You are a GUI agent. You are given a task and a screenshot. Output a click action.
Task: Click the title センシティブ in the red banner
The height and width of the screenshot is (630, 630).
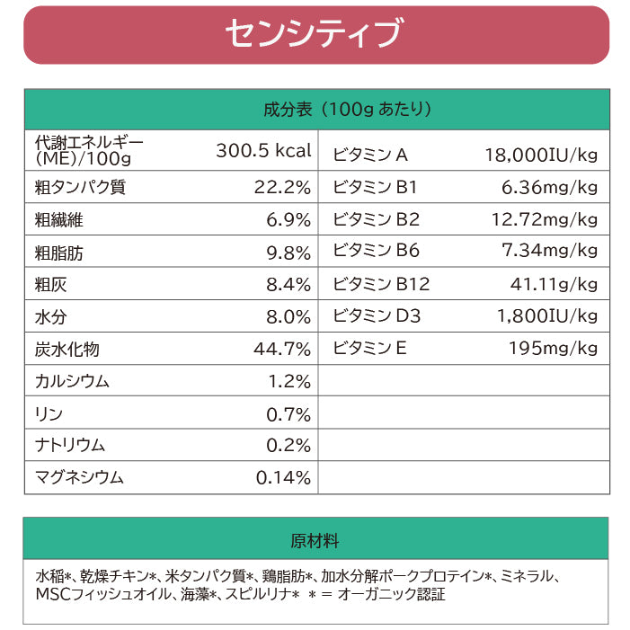[314, 35]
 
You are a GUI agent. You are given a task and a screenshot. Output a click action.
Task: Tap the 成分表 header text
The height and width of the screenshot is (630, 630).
[347, 110]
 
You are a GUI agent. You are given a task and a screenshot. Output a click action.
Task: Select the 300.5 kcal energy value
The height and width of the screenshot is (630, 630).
[263, 150]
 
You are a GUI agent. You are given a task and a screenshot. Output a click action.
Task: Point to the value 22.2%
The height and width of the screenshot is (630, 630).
[282, 188]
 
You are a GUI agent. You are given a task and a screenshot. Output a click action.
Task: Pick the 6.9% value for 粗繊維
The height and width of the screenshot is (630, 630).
[288, 220]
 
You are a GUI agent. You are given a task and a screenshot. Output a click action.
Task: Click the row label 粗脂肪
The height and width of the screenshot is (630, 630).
[59, 253]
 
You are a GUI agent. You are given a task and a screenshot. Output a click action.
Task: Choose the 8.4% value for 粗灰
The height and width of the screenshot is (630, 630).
[288, 286]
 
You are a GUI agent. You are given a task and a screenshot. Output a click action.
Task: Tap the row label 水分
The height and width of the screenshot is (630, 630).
[51, 318]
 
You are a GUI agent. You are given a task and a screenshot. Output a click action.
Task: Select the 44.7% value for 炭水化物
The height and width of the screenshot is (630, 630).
[282, 350]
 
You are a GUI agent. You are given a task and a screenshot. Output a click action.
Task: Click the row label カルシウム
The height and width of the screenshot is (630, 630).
[72, 382]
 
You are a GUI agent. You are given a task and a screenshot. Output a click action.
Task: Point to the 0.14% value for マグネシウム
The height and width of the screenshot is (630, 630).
[283, 478]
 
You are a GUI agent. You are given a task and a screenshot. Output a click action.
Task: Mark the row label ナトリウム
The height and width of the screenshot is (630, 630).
[70, 446]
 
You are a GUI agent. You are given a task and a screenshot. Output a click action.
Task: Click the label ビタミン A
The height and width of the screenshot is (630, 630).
[370, 155]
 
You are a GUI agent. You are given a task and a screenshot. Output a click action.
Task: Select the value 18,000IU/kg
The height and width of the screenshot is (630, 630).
[541, 155]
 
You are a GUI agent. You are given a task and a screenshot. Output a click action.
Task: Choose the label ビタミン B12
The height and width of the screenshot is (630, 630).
[381, 285]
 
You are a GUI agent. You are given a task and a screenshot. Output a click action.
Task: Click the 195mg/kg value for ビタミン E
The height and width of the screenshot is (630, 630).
[553, 349]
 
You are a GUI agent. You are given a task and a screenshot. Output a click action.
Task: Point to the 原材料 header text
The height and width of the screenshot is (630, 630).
[315, 541]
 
